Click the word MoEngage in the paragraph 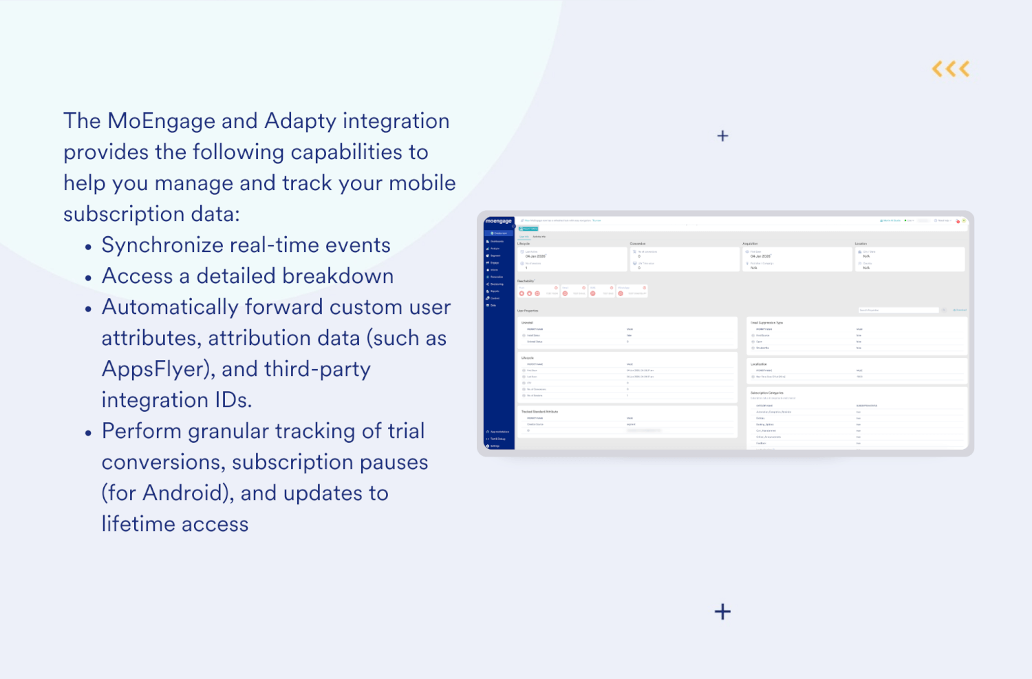[x=161, y=121]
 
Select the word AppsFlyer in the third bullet [x=155, y=369]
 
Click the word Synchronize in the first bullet [x=162, y=245]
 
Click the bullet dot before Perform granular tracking [x=88, y=433]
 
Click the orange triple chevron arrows [x=951, y=69]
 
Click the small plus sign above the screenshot [x=722, y=136]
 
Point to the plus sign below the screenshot [x=722, y=612]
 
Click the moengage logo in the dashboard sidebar [x=498, y=221]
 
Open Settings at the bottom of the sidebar [x=494, y=446]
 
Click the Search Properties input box [x=898, y=311]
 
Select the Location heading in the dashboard [x=861, y=244]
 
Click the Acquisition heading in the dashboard [x=750, y=244]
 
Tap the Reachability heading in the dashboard [x=526, y=281]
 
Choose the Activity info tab [x=539, y=237]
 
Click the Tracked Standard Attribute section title [x=539, y=412]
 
